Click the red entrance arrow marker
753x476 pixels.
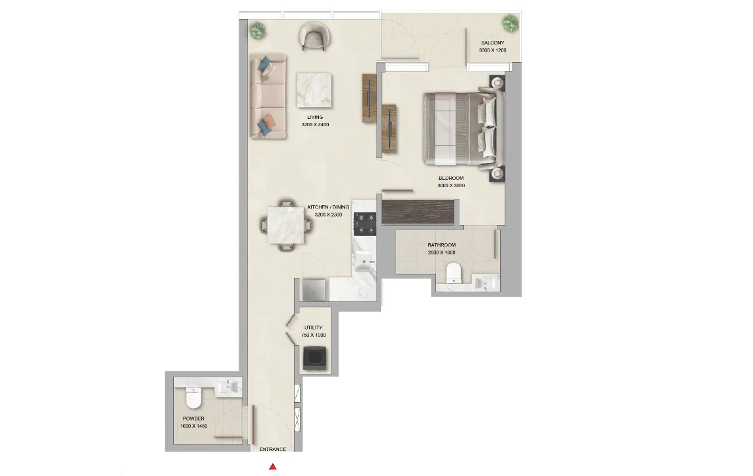pyautogui.click(x=273, y=466)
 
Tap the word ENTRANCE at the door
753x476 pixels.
pyautogui.click(x=273, y=449)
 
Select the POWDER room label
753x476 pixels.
pyautogui.click(x=193, y=418)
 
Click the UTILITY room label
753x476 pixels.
pyautogui.click(x=313, y=328)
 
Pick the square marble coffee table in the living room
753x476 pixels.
pyautogui.click(x=315, y=90)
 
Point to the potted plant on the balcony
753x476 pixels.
pyautogui.click(x=510, y=24)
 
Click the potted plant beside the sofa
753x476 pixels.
pyautogui.click(x=258, y=29)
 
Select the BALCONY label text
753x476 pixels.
pyautogui.click(x=492, y=43)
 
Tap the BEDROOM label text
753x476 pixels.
pyautogui.click(x=451, y=178)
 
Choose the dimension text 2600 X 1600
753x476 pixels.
pyautogui.click(x=442, y=252)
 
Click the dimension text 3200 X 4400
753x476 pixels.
pyautogui.click(x=315, y=124)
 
